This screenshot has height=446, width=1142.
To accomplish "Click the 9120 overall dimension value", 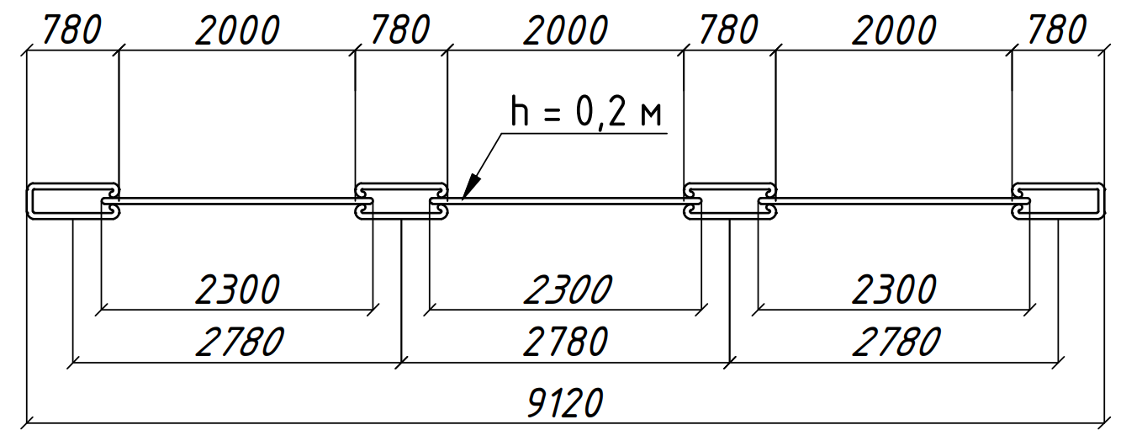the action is click(565, 402).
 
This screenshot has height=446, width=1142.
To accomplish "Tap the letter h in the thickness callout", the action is click(520, 111).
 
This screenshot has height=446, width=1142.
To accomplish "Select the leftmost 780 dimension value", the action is click(72, 30).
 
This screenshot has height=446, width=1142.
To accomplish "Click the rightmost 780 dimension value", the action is click(1057, 30).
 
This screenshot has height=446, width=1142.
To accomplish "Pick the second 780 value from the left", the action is click(401, 30).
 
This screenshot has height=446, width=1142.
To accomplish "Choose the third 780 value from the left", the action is click(729, 30).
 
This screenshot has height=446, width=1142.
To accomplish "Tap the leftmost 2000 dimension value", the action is click(238, 30).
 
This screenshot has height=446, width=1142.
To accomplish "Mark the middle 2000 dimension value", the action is click(566, 30).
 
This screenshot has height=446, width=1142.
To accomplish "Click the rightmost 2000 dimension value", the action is click(894, 30).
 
